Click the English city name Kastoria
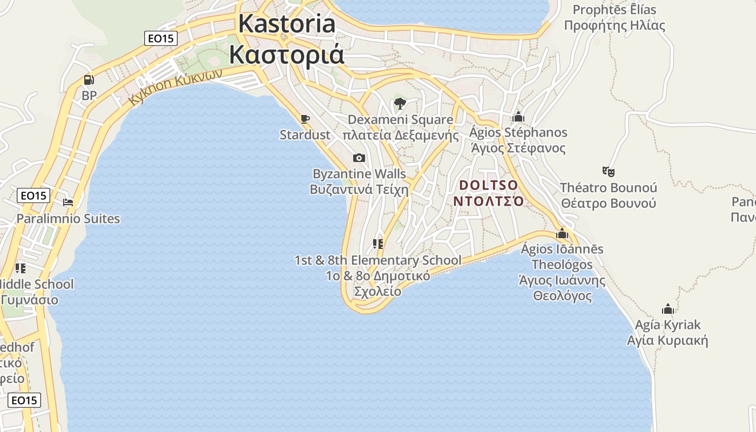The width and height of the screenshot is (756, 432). click(287, 24)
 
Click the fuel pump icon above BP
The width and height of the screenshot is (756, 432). click(89, 80)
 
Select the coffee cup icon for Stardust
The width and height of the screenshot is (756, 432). click(305, 119)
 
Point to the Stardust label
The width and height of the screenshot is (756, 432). click(305, 135)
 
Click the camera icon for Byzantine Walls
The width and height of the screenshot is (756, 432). click(359, 158)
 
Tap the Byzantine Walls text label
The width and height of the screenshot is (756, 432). click(359, 174)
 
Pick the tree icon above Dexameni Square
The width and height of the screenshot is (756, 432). click(400, 103)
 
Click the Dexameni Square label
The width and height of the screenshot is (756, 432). click(400, 119)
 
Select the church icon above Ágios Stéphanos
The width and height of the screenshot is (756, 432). click(518, 117)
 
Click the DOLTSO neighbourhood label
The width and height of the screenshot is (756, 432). click(488, 185)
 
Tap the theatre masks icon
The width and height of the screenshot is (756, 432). click(609, 172)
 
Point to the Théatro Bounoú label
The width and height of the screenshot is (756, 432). click(608, 188)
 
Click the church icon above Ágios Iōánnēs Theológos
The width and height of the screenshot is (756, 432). click(562, 233)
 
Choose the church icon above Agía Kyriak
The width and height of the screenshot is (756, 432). click(668, 309)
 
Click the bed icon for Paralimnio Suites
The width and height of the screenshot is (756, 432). click(68, 202)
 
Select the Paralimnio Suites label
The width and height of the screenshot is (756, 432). click(68, 219)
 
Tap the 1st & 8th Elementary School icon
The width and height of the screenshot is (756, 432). click(378, 244)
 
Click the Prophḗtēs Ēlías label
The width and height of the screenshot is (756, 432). click(614, 10)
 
